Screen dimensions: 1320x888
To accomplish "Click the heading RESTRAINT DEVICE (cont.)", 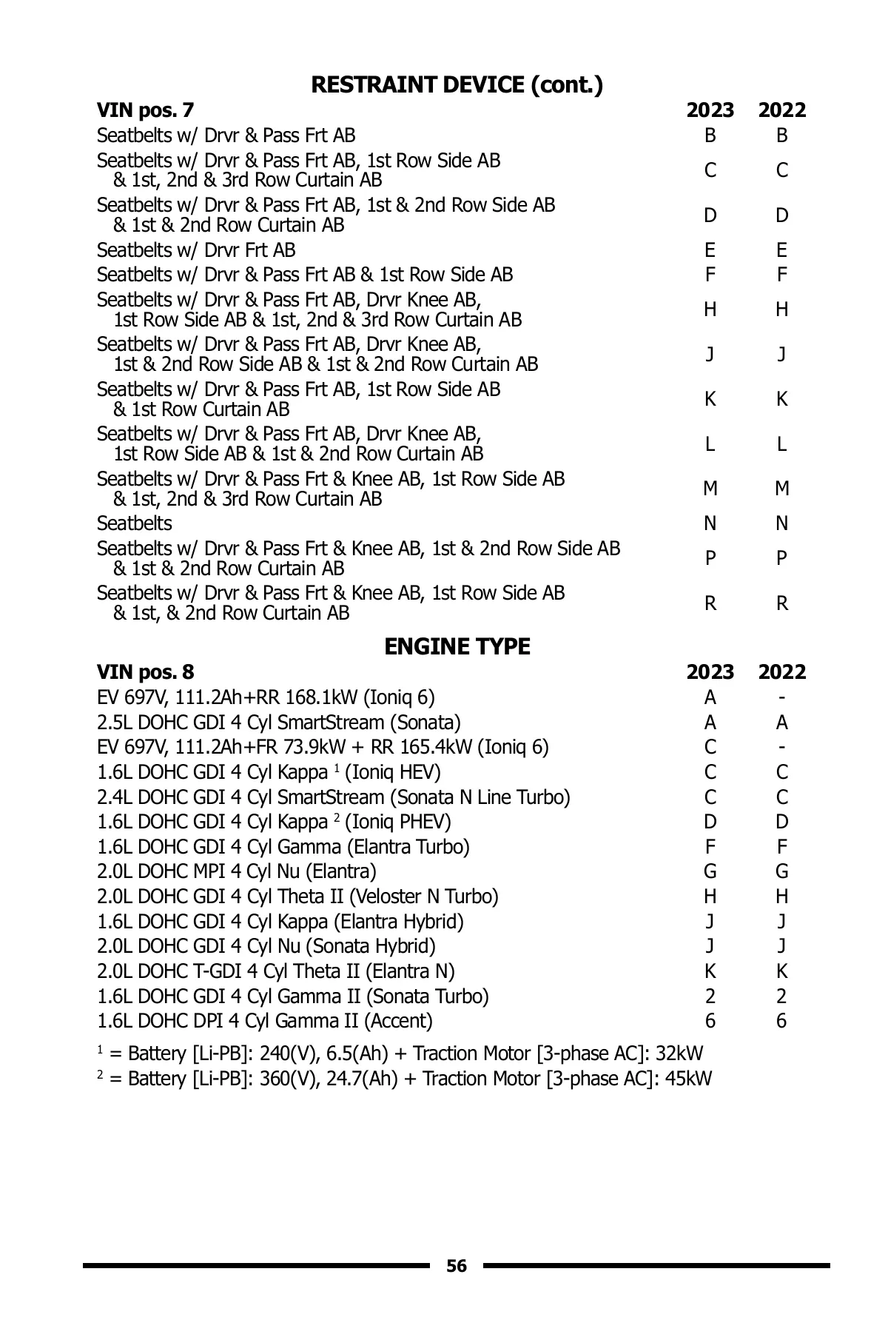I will click(457, 85).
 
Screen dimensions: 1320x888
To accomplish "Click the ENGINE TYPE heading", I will click(457, 647).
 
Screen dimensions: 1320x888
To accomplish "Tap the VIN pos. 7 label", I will click(145, 110).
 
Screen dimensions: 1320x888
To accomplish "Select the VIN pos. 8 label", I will click(145, 672).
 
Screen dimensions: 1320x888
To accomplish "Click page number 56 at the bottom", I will click(457, 1266).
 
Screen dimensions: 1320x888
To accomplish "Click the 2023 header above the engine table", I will click(710, 672).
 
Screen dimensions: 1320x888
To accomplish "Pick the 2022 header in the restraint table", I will click(781, 110).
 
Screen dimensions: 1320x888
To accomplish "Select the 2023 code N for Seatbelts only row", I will click(710, 524).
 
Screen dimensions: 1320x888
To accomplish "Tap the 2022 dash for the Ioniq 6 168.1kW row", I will click(781, 697).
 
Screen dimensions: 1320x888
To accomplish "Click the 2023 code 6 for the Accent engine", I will click(710, 1022).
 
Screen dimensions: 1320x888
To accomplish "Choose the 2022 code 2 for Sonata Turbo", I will click(781, 996).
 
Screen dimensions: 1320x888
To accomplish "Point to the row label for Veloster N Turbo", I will click(297, 897).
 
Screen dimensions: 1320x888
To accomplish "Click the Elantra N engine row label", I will click(275, 971).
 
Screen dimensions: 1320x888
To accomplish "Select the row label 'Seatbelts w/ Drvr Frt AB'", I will click(196, 250).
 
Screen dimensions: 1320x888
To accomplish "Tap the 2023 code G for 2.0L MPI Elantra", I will click(710, 872).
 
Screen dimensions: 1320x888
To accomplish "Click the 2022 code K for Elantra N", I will click(781, 971).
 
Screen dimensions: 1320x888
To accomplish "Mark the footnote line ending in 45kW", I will click(404, 1079).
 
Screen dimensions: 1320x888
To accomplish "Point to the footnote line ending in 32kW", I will click(400, 1053).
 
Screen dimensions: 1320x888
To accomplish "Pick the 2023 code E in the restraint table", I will click(710, 250).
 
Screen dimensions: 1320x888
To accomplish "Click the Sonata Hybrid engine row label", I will click(266, 947).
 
